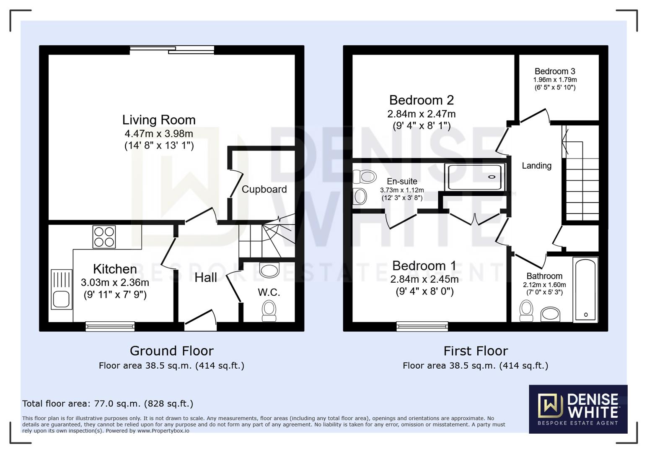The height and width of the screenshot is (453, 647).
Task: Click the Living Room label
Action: click(x=159, y=120)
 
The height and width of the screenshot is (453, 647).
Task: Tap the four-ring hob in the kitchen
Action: click(x=104, y=237)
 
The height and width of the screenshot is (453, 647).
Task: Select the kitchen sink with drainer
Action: click(x=61, y=289)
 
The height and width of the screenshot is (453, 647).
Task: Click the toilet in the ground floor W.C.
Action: click(x=269, y=311)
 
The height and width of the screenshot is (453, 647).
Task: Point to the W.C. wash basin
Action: click(x=269, y=270)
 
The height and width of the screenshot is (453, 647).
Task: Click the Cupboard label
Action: click(x=264, y=189)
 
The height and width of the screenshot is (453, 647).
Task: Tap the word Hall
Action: click(x=206, y=278)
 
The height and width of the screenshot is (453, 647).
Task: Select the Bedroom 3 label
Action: click(x=555, y=71)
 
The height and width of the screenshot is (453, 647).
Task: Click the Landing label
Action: click(x=537, y=166)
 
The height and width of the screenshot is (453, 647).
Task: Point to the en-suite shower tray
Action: click(x=475, y=177)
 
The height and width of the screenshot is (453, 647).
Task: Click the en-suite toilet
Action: click(x=365, y=176)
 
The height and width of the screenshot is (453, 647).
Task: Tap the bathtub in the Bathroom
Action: click(x=585, y=290)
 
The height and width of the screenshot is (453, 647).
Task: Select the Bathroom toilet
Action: click(x=526, y=311)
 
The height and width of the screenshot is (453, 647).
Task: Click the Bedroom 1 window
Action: click(x=422, y=326)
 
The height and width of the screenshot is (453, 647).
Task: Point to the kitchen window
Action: click(x=110, y=326)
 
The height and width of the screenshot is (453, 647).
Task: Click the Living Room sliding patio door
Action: click(x=172, y=50)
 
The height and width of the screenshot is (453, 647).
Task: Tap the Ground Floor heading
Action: click(x=172, y=351)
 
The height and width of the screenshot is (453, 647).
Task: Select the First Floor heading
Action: click(x=476, y=351)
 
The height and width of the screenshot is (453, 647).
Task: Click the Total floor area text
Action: click(x=108, y=403)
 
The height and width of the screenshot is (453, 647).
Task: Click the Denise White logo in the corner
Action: click(x=578, y=409)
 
